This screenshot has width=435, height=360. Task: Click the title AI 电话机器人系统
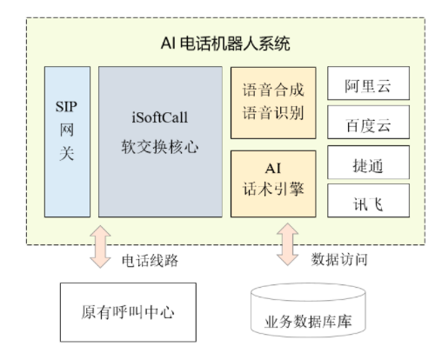(x=225, y=44)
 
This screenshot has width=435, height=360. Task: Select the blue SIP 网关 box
(x=67, y=142)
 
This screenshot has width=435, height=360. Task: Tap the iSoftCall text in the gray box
(x=160, y=117)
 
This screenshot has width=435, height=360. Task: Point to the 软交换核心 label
(x=160, y=147)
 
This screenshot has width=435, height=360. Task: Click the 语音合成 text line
(x=273, y=90)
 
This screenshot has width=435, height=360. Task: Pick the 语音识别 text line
(x=273, y=113)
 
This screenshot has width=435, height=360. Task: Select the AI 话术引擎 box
(x=273, y=183)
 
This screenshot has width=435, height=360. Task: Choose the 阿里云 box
(x=368, y=83)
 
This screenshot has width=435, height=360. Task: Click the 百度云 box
(x=368, y=122)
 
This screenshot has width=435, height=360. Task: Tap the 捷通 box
(x=368, y=163)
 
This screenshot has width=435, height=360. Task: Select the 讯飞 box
(x=368, y=200)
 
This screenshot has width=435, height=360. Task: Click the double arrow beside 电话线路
(x=100, y=247)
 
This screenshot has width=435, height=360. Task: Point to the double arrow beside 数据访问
(x=287, y=244)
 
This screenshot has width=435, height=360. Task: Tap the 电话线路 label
(x=150, y=261)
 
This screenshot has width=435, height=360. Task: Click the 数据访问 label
(x=339, y=259)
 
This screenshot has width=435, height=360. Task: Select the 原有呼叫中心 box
(x=128, y=312)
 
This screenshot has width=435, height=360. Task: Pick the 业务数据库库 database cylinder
(x=308, y=310)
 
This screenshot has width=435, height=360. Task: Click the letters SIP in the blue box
(x=66, y=107)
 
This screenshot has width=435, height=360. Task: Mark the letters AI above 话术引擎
(x=273, y=169)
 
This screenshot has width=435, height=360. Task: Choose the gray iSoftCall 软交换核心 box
(x=160, y=142)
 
